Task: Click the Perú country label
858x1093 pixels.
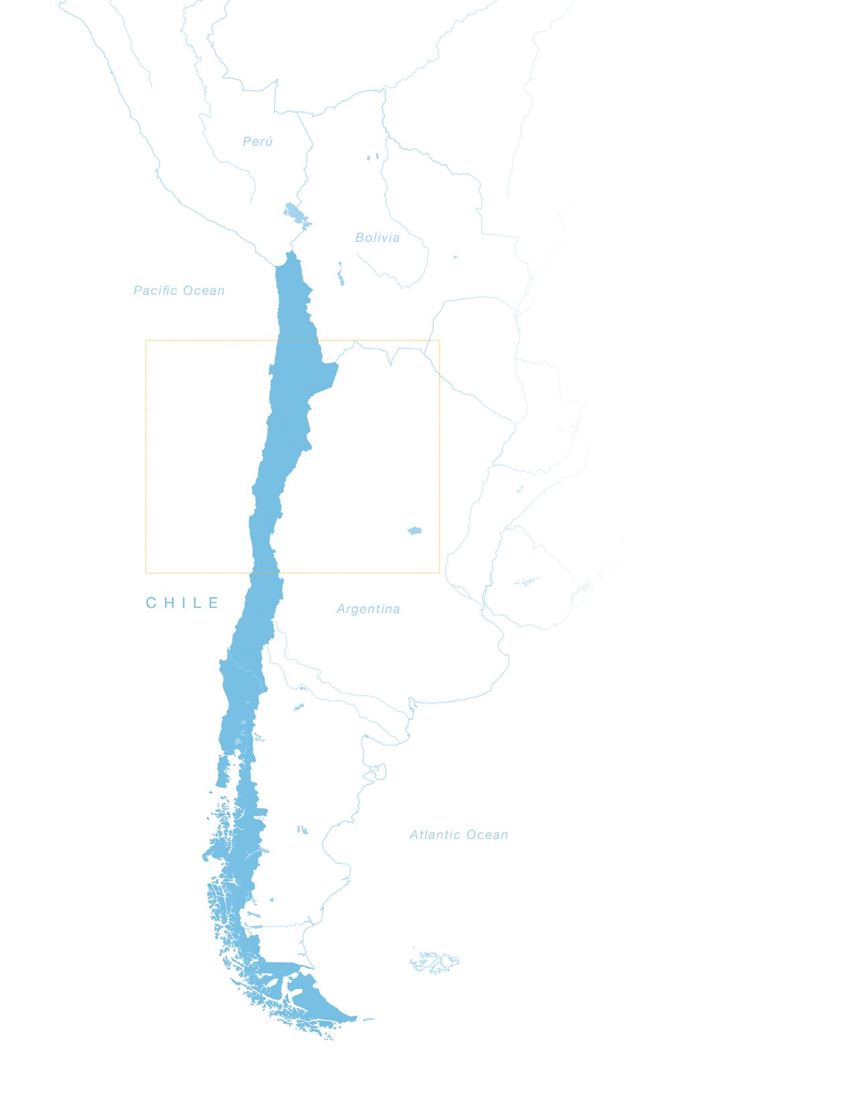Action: click(257, 141)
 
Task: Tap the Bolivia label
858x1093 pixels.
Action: click(377, 238)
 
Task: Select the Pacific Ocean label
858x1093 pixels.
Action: click(179, 291)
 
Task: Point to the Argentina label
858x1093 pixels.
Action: click(368, 609)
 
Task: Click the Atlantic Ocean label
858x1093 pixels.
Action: click(458, 835)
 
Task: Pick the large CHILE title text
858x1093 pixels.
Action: click(182, 603)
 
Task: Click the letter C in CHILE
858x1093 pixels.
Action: click(151, 603)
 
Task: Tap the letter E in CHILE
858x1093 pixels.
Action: click(213, 603)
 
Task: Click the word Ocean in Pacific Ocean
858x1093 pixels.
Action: click(204, 291)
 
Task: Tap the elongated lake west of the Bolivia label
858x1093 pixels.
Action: click(341, 274)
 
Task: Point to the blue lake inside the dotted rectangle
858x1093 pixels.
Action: click(414, 531)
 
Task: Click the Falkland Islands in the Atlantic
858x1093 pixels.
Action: click(436, 962)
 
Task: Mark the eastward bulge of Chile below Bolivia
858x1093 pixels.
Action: click(325, 375)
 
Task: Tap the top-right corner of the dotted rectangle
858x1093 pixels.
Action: click(440, 340)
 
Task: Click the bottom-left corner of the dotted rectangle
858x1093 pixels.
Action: click(146, 573)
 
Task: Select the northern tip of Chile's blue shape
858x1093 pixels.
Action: click(291, 254)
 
